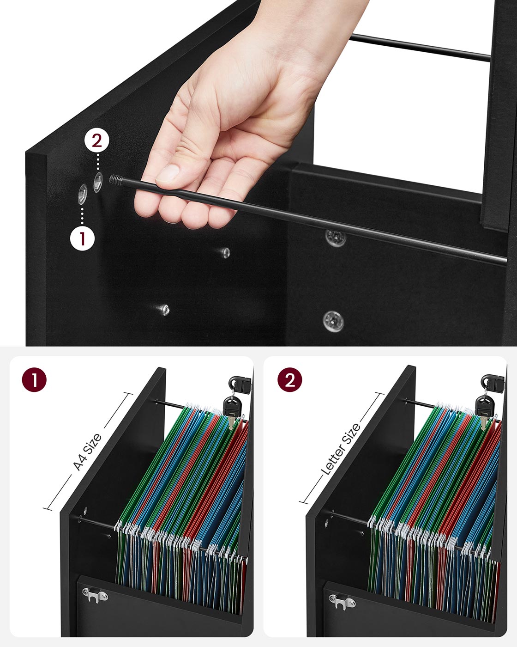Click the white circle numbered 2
(x=96, y=140)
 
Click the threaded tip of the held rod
(x=116, y=179)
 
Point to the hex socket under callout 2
(x=98, y=181)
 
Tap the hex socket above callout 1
(x=83, y=194)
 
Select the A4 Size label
(x=87, y=452)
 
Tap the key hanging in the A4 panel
(x=230, y=412)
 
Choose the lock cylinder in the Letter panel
(x=492, y=382)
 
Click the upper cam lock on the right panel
(x=336, y=238)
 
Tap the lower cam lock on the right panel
(x=333, y=321)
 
